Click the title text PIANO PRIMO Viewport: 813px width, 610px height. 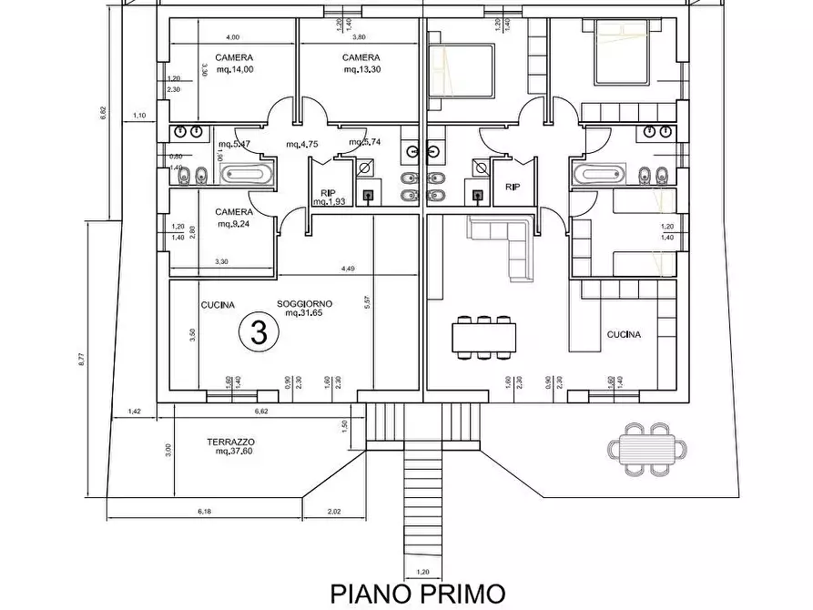[x=417, y=594]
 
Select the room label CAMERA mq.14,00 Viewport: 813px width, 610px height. [x=234, y=63]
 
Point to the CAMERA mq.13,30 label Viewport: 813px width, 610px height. [x=361, y=63]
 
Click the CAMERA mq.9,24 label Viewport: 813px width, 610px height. [x=234, y=217]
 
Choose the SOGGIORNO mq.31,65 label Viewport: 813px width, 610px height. [x=305, y=308]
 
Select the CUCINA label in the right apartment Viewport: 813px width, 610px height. [x=624, y=334]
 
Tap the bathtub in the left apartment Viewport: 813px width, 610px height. [x=242, y=174]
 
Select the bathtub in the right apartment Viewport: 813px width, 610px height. [x=599, y=174]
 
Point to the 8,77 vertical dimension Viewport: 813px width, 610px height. [x=81, y=359]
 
